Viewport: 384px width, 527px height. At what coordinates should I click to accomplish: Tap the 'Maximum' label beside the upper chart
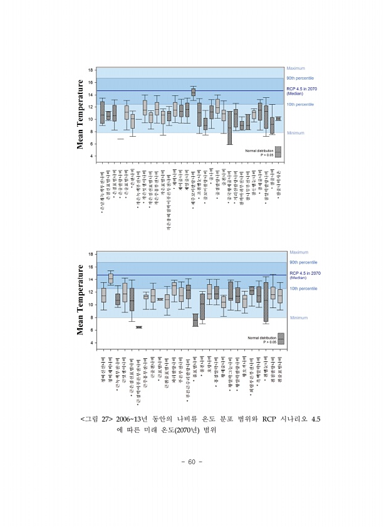coord(295,68)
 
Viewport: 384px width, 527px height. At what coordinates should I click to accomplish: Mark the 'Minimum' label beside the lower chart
coord(298,317)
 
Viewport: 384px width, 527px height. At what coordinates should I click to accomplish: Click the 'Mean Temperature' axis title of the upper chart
coord(80,112)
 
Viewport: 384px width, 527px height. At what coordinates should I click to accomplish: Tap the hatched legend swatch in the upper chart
coord(278,151)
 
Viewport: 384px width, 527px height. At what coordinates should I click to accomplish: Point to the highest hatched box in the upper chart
coord(193,92)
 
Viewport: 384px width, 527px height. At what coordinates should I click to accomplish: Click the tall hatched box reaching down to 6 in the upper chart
coord(230,127)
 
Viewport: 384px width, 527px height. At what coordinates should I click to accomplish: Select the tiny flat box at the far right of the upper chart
coord(278,118)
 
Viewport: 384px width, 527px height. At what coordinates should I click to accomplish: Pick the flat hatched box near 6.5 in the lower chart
coord(139,327)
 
